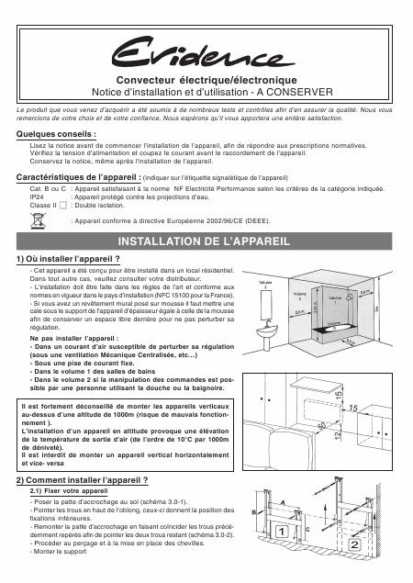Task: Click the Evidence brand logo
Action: coord(204,53)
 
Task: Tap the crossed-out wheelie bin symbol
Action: coord(38,220)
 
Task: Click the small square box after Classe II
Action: coord(63,206)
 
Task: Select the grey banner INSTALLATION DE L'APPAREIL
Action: coord(204,241)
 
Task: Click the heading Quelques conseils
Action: coord(56,134)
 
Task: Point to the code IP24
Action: coord(37,197)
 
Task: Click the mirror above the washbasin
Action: coord(266,305)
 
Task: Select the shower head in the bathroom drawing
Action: coord(350,297)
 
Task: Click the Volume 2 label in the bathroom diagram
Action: coord(299,296)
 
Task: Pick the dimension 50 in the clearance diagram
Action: coord(322,424)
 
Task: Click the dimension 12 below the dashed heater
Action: coord(339,434)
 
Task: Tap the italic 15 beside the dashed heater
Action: coord(353,409)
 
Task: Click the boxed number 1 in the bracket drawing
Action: coord(282,533)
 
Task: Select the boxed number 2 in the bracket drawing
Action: coord(354,545)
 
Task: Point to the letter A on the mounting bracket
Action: coord(283,503)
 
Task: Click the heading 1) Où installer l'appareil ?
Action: coord(68,259)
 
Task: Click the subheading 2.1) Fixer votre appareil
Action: coord(69,491)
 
